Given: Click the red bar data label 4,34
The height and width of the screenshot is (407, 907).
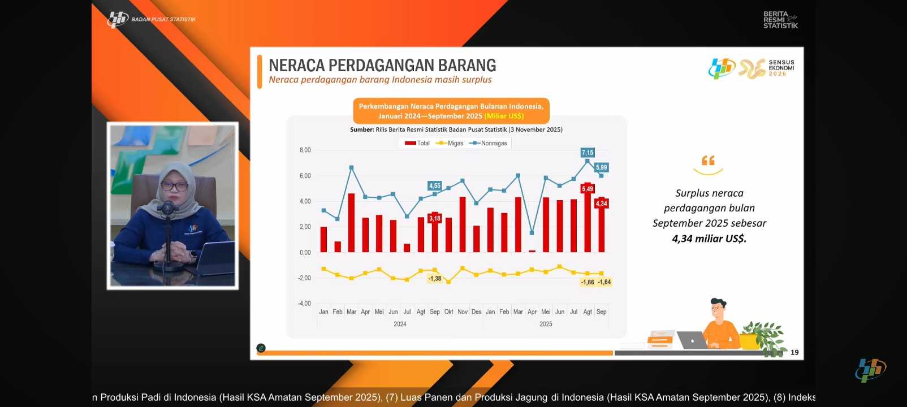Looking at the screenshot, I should [x=602, y=203].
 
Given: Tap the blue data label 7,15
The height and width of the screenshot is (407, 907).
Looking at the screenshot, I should [x=588, y=153].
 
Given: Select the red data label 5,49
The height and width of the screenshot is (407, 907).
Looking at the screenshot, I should [x=588, y=189].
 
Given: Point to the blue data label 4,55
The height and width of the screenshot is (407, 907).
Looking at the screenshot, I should [x=434, y=185].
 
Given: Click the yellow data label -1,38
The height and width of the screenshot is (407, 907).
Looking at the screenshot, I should [x=434, y=279].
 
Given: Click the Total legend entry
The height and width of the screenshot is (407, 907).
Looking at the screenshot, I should [x=418, y=144].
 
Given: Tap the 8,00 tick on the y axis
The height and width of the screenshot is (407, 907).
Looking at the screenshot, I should [x=305, y=150].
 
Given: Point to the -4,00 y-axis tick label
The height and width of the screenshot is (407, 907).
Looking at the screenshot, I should [x=304, y=304].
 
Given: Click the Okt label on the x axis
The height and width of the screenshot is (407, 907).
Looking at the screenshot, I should [x=448, y=312].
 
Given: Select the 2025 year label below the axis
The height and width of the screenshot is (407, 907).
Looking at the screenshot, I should [x=546, y=324].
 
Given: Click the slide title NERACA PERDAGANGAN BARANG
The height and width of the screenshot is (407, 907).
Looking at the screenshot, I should [x=382, y=66].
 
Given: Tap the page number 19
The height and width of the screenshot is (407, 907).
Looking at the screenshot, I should [x=794, y=352].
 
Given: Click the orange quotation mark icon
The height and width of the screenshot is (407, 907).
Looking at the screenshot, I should [x=708, y=161].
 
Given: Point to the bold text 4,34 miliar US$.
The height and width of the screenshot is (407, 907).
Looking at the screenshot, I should [x=709, y=239].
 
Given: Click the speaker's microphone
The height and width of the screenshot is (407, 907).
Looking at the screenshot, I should [x=167, y=209].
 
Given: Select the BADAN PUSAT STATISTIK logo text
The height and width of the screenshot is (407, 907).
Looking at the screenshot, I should [x=163, y=20].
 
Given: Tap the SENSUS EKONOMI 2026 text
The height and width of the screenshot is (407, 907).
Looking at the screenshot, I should [x=781, y=68].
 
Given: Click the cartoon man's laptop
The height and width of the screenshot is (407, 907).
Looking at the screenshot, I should [x=691, y=340].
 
